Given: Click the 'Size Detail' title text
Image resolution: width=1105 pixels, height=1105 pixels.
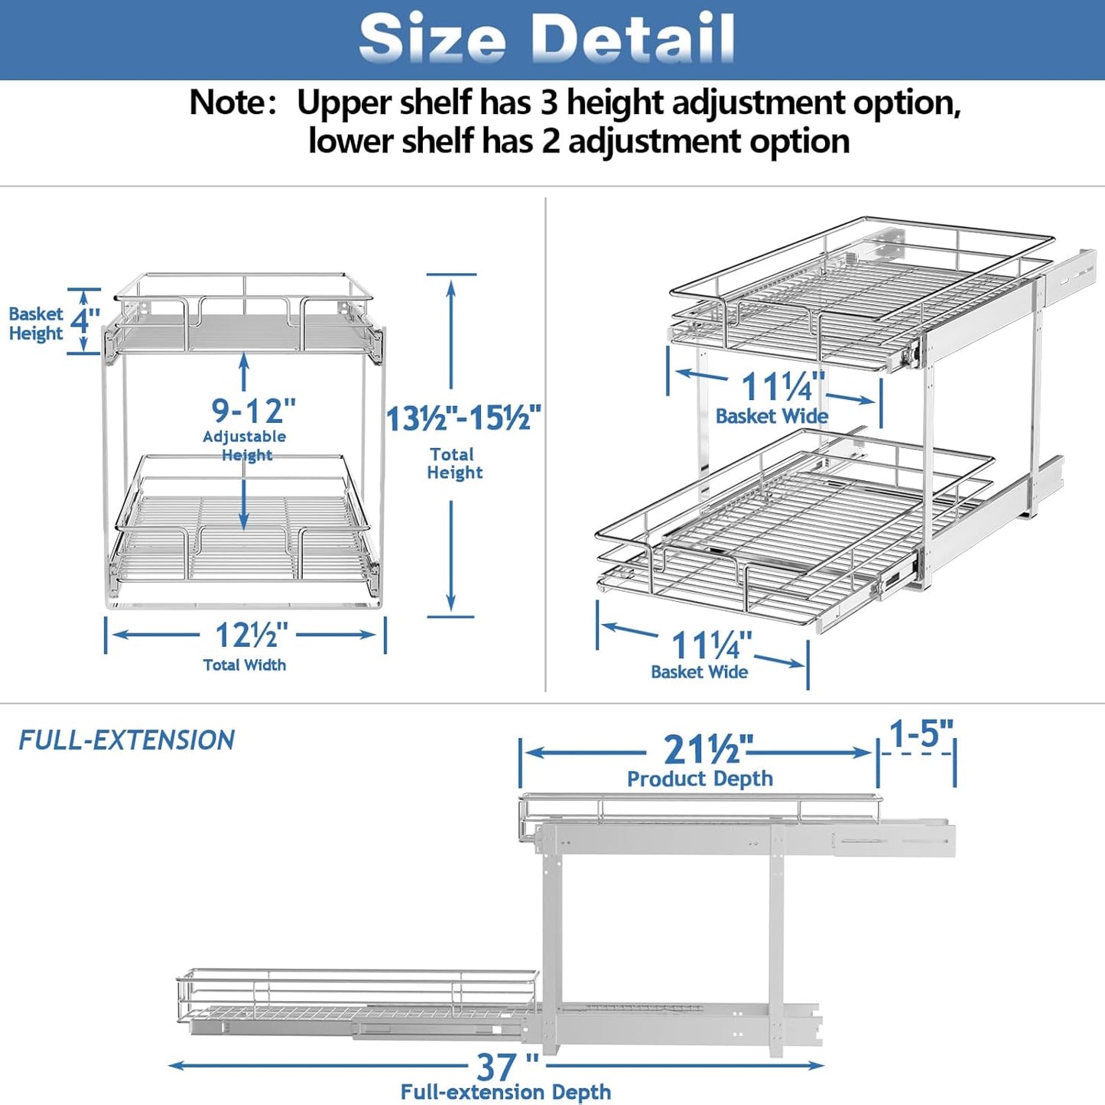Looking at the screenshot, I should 547,38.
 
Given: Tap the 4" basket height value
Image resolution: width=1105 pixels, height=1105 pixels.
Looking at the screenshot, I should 85,320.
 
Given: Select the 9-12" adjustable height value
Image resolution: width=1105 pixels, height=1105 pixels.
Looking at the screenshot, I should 253,411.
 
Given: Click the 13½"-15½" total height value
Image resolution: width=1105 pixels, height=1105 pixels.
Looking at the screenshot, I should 463,418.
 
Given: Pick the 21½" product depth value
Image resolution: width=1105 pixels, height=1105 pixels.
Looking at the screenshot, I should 707,749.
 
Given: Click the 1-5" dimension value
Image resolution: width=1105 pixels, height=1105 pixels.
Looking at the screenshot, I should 921,734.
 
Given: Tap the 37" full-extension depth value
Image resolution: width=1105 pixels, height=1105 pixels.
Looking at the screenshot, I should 507,1065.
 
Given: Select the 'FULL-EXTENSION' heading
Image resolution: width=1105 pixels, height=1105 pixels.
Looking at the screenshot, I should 127,740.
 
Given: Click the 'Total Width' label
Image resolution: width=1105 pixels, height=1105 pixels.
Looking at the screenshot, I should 245,665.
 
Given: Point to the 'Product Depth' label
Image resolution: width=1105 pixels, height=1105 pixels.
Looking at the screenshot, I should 700,778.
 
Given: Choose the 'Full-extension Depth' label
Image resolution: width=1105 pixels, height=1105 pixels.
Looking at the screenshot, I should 505,1092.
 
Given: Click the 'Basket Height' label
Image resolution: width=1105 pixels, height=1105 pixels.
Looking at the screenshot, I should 36,323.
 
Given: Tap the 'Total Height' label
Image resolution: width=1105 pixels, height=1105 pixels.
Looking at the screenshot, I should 454,463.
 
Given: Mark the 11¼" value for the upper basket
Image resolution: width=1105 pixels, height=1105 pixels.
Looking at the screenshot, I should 783,386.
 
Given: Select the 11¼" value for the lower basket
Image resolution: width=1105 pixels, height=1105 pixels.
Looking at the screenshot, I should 711,645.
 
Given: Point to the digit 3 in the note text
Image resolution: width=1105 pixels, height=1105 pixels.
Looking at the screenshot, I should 548,102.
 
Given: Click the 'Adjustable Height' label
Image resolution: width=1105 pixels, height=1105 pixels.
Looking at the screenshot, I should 245,445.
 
